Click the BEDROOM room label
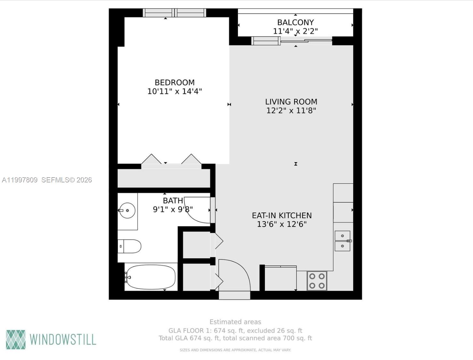pos(175,83)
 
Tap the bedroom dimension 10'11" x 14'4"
pos(175,92)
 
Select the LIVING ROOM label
pos(291,102)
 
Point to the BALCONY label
pos(295,22)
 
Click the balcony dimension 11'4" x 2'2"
pos(295,31)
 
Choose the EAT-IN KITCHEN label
pos(282,215)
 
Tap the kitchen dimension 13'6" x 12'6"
pos(282,224)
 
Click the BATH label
pos(173,201)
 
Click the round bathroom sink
pos(127,211)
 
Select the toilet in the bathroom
pos(130,246)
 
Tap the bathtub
pos(151,277)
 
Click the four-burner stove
pos(317,281)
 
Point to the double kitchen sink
pos(342,241)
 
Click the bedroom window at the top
pos(175,13)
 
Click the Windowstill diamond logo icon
pos(16,340)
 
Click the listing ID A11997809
pos(20,180)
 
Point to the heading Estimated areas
pos(235,322)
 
